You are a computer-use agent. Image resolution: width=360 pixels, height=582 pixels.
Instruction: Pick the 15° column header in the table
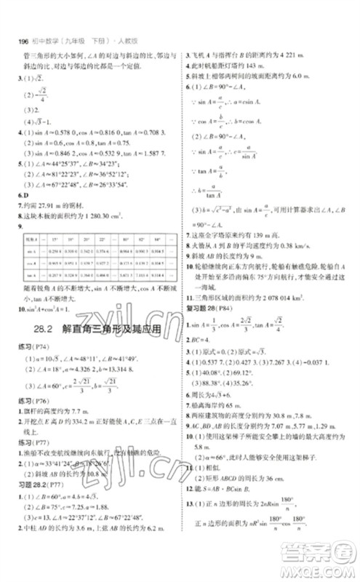pyautogui.click(x=55, y=238)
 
